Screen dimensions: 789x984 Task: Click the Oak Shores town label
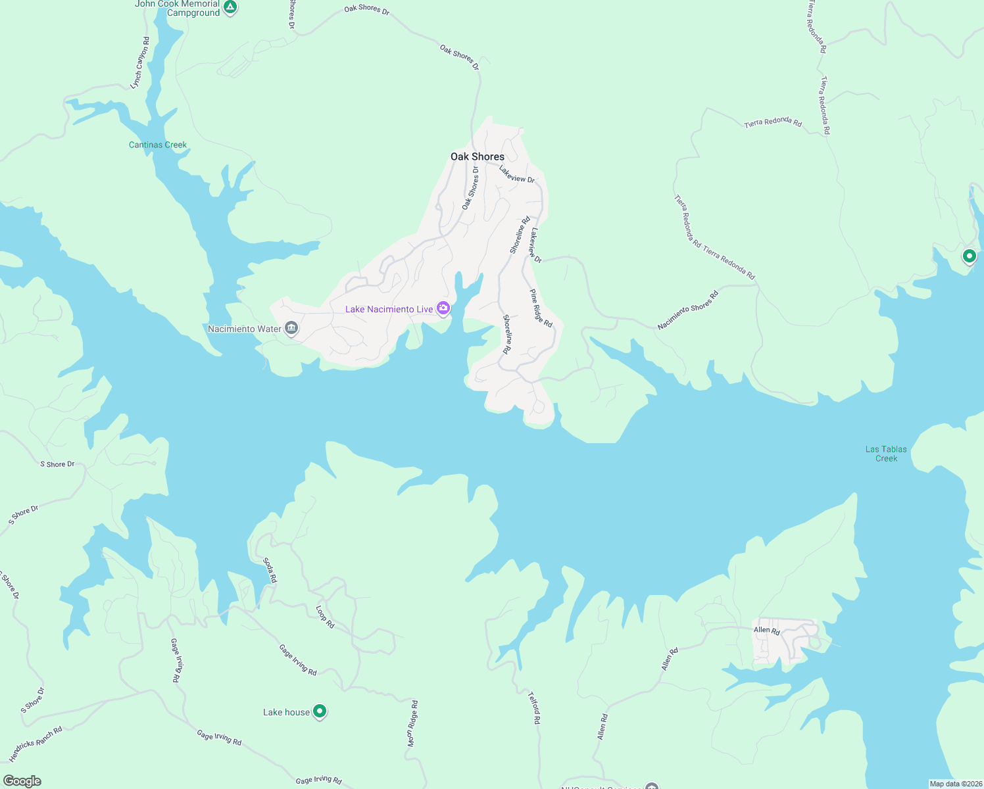pyautogui.click(x=478, y=156)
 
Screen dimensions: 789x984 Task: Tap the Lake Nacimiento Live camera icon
pyautogui.click(x=443, y=308)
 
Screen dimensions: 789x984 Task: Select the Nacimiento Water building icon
pyautogui.click(x=291, y=328)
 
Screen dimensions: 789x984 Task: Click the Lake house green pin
pyautogui.click(x=320, y=711)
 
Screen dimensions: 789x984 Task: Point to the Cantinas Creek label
pyautogui.click(x=158, y=145)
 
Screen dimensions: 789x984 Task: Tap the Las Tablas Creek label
pyautogui.click(x=886, y=454)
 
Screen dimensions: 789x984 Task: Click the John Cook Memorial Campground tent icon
pyautogui.click(x=230, y=7)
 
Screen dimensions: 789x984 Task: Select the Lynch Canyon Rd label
pyautogui.click(x=140, y=63)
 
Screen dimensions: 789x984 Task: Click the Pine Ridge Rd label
pyautogui.click(x=541, y=308)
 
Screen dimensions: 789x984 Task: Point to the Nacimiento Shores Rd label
pyautogui.click(x=688, y=310)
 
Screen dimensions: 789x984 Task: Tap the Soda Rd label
pyautogui.click(x=270, y=570)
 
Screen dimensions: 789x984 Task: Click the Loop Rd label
pyautogui.click(x=325, y=617)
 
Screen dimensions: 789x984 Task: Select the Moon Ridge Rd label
pyautogui.click(x=412, y=723)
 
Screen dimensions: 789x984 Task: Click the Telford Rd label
pyautogui.click(x=534, y=707)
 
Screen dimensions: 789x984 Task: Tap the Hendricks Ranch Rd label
pyautogui.click(x=36, y=744)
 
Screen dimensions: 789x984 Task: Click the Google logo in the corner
pyautogui.click(x=22, y=780)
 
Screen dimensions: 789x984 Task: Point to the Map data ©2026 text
pyautogui.click(x=955, y=784)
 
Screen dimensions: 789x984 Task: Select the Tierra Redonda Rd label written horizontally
pyautogui.click(x=773, y=122)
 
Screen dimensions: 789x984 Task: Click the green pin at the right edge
pyautogui.click(x=969, y=256)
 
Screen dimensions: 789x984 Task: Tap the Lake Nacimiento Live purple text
pyautogui.click(x=389, y=309)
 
